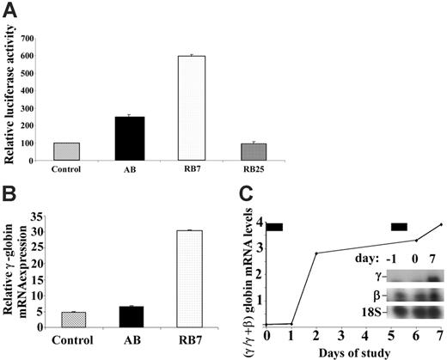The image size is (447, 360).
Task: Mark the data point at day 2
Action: point(317,253)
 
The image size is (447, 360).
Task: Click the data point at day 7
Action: point(441,225)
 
